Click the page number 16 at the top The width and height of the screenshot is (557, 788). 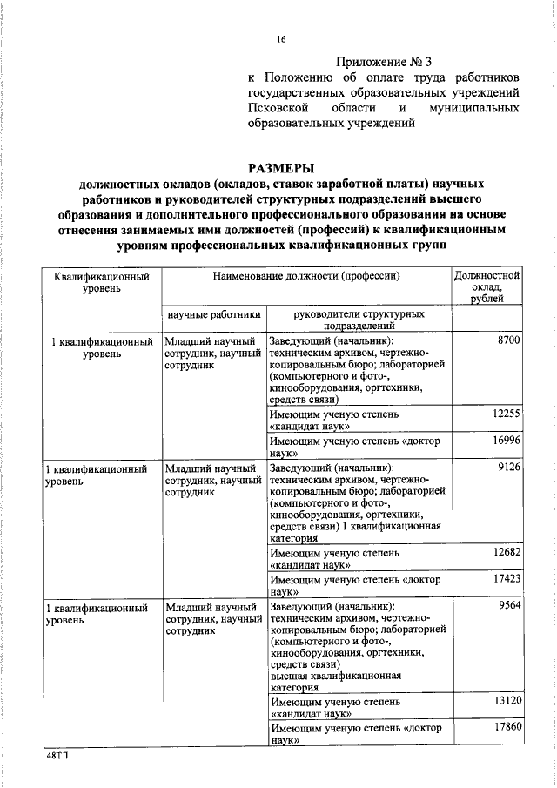[281, 38]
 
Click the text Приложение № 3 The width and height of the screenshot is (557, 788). [384, 62]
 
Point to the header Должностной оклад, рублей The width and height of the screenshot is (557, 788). [487, 286]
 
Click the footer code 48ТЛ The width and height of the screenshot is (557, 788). [57, 757]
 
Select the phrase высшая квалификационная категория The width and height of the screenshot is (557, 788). [335, 680]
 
